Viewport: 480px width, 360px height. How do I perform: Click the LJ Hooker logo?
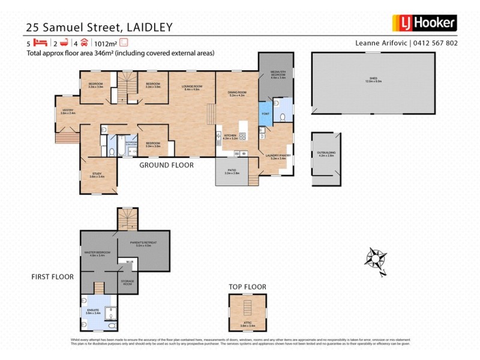point(424,23)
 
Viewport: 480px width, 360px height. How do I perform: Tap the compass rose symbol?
point(376,259)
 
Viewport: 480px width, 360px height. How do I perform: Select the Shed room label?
point(374,82)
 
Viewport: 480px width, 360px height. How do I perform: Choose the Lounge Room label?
point(193,88)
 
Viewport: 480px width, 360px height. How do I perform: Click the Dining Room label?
point(237,93)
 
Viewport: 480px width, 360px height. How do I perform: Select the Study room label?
point(97,175)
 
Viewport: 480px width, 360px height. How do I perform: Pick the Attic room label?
point(248,325)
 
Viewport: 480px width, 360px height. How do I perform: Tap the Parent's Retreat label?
point(143,244)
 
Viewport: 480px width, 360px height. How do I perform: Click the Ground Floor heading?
point(166,165)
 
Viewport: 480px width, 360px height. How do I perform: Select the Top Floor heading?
point(247,287)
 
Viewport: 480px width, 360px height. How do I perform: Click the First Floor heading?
point(53,277)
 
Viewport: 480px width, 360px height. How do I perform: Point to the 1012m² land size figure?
point(106,43)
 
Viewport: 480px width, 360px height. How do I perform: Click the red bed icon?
point(40,43)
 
